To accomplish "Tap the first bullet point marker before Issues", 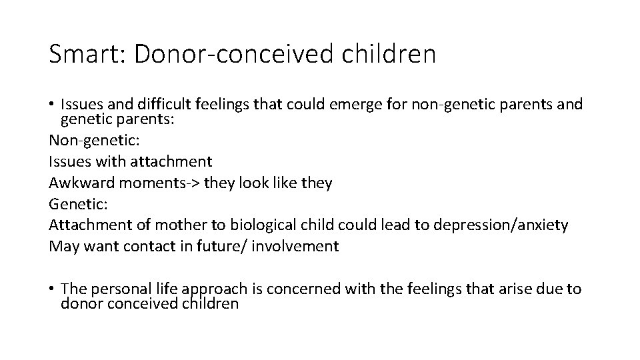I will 52,105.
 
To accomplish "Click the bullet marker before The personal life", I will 52,289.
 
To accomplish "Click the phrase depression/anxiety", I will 501,225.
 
